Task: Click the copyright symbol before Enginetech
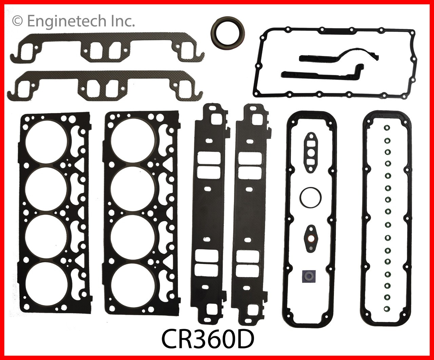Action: pos(18,21)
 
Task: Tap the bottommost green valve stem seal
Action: pos(387,308)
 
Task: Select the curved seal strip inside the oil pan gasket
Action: pos(342,54)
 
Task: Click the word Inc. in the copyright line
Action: pos(123,21)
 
